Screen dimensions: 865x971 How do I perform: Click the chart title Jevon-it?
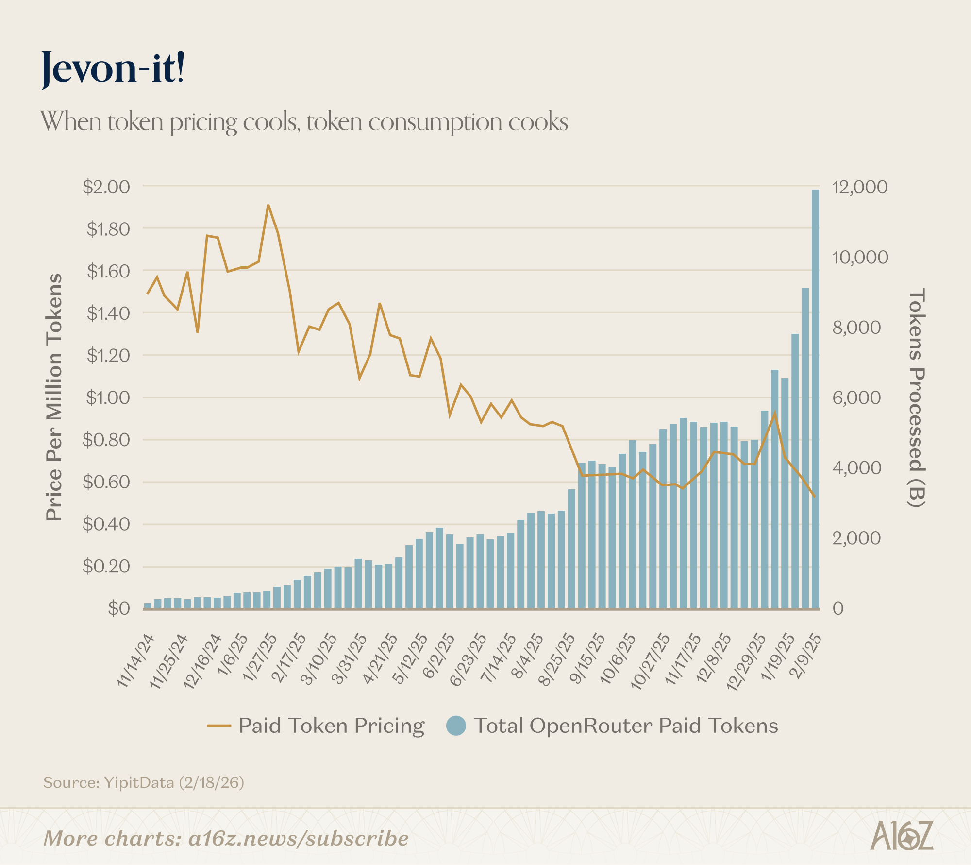coord(113,68)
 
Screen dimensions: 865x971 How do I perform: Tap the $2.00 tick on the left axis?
coord(106,187)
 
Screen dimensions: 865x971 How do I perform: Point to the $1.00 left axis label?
coord(108,398)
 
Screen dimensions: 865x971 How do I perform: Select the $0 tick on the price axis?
coord(119,608)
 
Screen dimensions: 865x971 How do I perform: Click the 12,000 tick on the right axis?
coord(860,187)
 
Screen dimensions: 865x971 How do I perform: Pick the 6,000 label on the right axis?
coord(856,398)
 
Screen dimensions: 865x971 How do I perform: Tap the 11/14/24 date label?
coord(136,660)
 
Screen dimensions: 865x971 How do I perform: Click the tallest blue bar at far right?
coord(815,398)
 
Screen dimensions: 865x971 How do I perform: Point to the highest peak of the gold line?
coord(268,206)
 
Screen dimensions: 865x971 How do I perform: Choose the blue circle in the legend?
coord(456,726)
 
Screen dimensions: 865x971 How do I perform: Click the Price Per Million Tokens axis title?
coord(54,398)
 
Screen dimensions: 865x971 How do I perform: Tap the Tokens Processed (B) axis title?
coord(916,398)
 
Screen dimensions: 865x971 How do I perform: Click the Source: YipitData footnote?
coord(144,782)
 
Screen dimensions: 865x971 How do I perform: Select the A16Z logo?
coord(901,836)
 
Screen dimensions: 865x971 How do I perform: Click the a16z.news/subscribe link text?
coord(298,839)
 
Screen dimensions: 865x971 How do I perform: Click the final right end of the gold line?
coord(814,496)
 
